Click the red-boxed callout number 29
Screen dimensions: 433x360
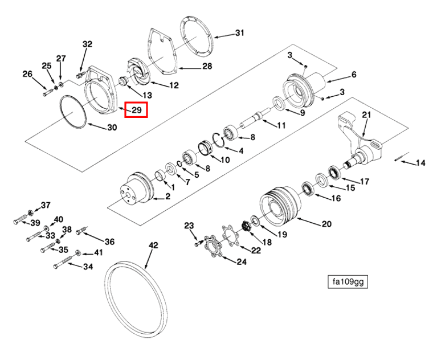coord(136,110)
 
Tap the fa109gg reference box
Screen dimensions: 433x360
coord(348,281)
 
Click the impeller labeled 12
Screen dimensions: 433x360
coord(139,72)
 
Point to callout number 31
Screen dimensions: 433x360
coord(240,33)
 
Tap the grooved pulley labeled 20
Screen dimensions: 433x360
coord(280,204)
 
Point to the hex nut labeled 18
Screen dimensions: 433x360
coord(246,226)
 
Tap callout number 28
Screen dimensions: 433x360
coord(207,66)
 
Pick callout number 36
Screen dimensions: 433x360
coord(109,242)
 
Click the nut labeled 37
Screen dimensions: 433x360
coord(31,213)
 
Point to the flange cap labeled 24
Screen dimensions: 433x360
coord(213,246)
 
